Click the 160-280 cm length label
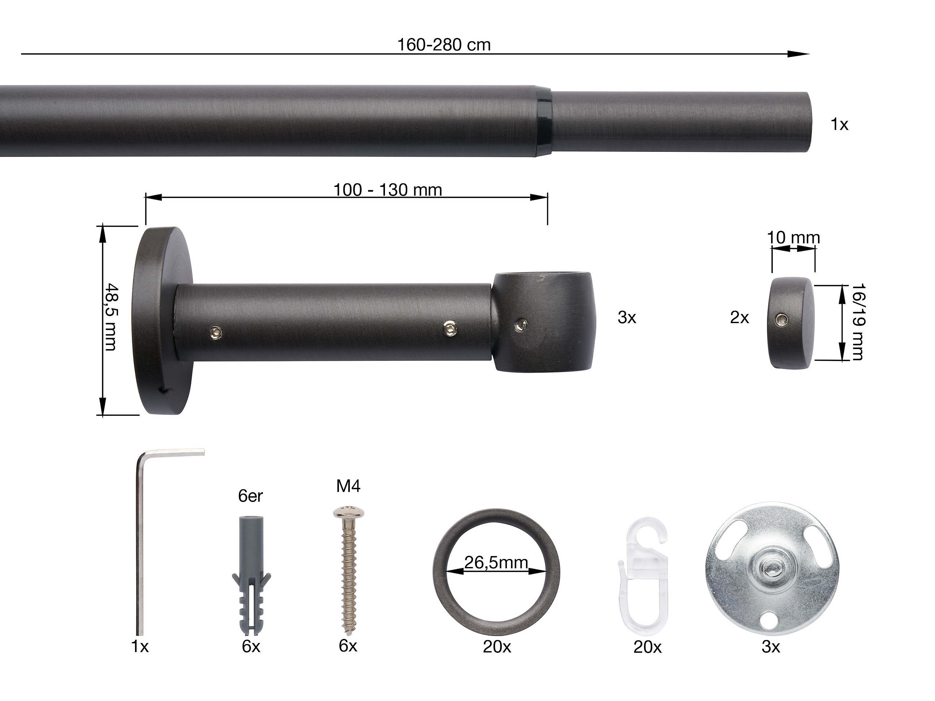pos(444,45)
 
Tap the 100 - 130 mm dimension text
pos(388,190)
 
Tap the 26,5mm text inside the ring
pos(496,562)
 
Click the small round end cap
pos(789,323)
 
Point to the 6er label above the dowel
pos(250,496)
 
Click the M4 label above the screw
pos(348,486)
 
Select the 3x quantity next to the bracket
pos(626,318)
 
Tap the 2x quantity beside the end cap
pos(739,318)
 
